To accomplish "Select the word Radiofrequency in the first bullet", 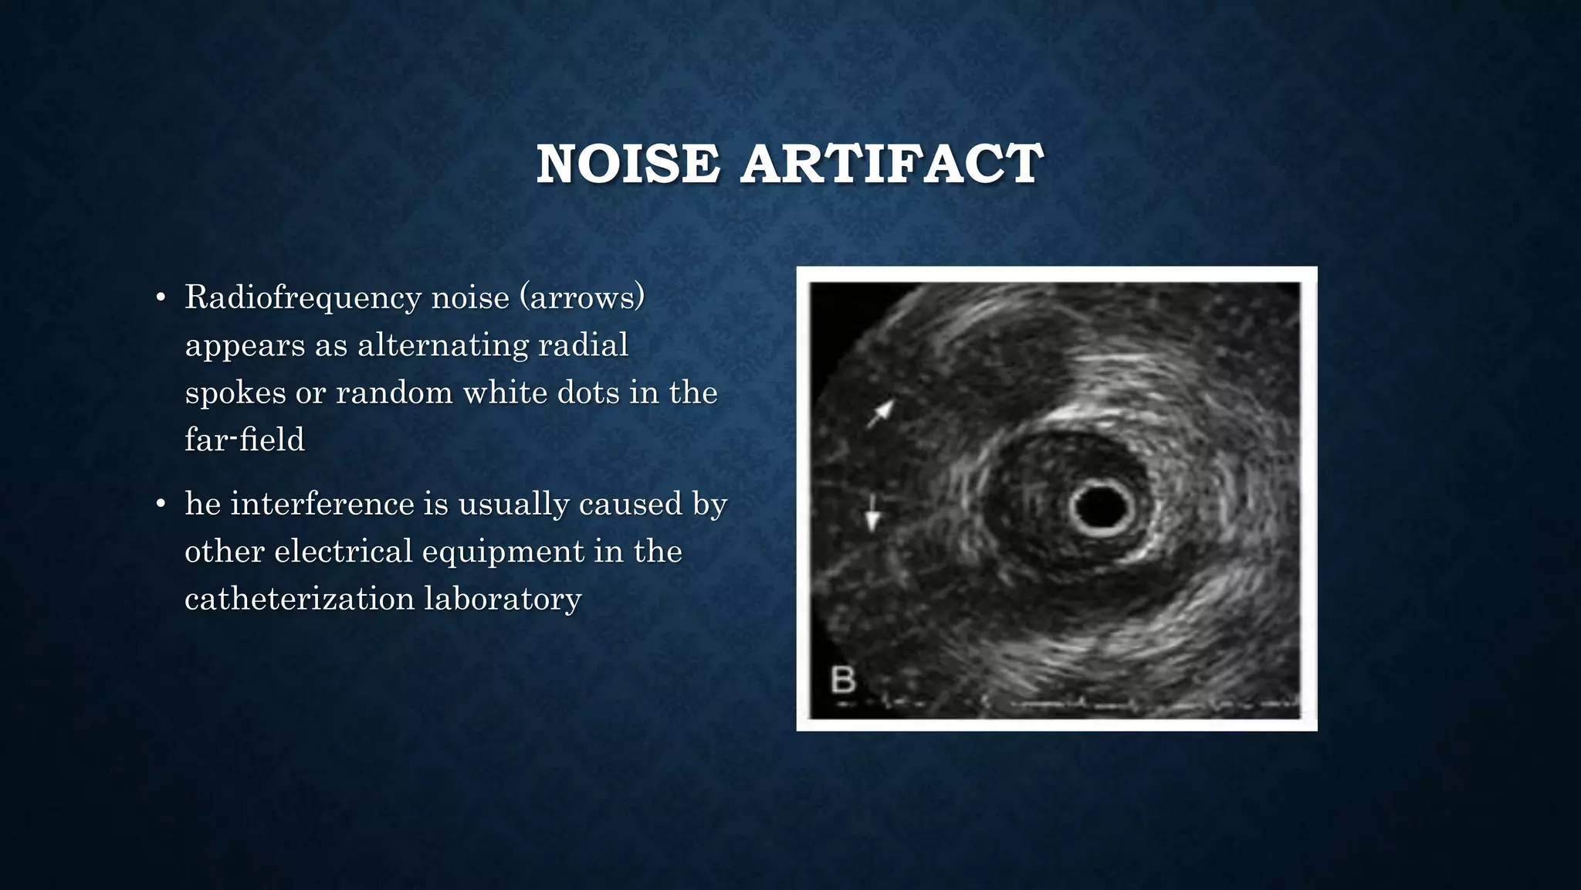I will click(x=303, y=297).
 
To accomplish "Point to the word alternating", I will click(x=442, y=345).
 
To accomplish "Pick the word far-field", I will click(x=244, y=440).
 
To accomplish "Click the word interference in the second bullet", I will click(x=323, y=504).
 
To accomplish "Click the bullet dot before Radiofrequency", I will click(x=161, y=298).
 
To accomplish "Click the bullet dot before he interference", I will click(x=161, y=504).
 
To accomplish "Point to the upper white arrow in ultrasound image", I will click(x=880, y=413).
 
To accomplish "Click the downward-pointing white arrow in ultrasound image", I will click(x=872, y=514).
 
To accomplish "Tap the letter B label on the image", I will click(x=843, y=680).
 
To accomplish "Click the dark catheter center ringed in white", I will click(x=1102, y=507).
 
